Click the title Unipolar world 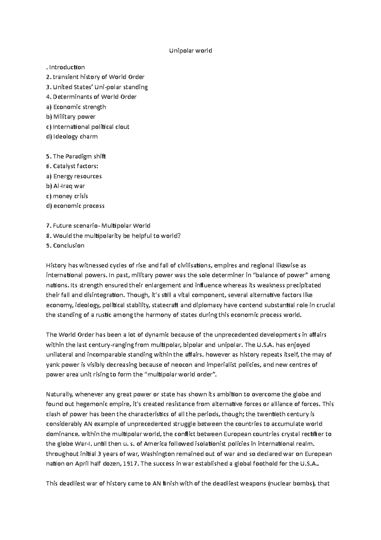click(190, 51)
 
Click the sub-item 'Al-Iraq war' click(69, 186)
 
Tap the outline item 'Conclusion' click(69, 245)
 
